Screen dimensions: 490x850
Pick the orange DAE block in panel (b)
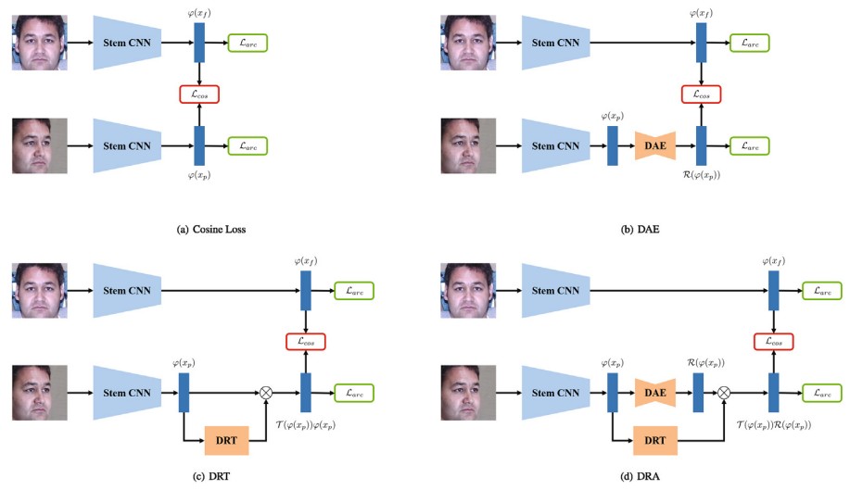(655, 146)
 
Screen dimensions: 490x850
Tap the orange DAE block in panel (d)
(655, 392)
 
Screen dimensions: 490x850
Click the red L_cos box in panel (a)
(198, 94)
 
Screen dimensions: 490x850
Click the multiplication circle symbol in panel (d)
(726, 393)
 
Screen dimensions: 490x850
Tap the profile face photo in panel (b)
(468, 146)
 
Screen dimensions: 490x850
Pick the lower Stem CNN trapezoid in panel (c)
(127, 393)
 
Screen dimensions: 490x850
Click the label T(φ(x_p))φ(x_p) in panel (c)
(307, 421)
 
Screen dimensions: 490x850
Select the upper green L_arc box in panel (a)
(247, 42)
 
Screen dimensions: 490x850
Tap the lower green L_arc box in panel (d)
(820, 393)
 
